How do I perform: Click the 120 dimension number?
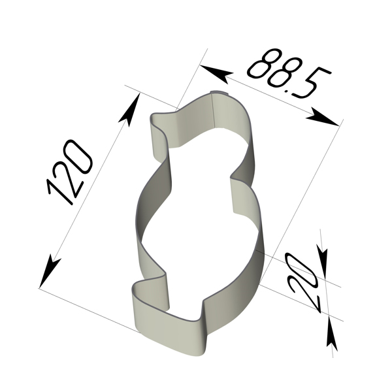[x=70, y=172]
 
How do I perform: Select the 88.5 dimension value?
[x=289, y=73]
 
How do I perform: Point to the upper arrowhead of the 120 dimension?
[x=130, y=109]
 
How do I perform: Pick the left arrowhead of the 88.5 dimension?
[x=216, y=73]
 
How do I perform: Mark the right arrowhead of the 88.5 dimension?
[x=323, y=118]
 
